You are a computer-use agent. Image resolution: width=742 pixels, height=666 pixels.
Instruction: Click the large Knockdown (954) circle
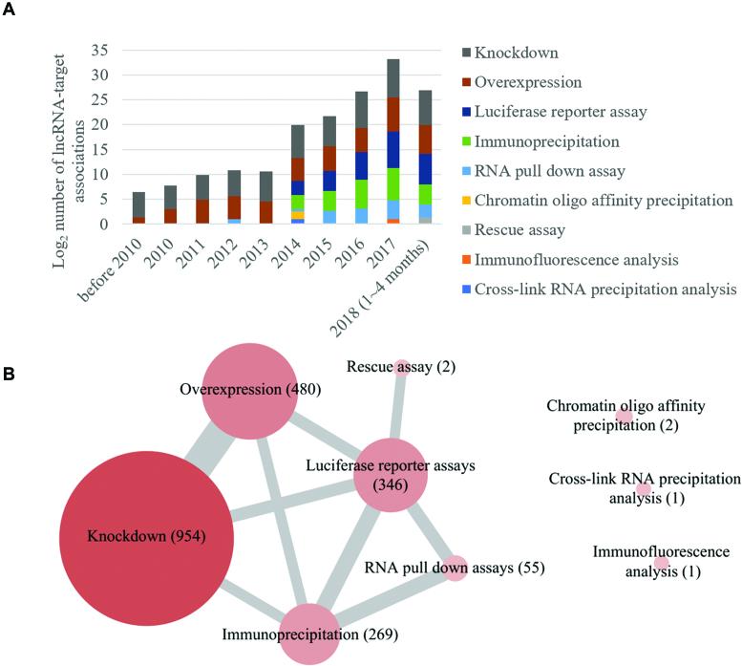145,534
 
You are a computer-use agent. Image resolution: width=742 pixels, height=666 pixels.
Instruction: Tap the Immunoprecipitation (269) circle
309,633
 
